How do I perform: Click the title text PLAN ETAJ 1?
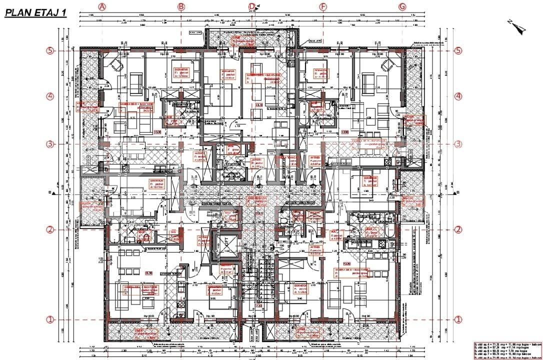(35, 13)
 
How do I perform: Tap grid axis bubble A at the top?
(102, 6)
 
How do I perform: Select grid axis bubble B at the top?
(181, 6)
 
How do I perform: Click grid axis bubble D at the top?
(252, 6)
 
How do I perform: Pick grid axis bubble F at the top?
(323, 6)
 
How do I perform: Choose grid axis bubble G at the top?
(402, 6)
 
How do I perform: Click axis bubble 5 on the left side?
(50, 51)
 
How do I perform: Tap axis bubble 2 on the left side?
(50, 229)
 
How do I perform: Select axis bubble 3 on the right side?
(458, 144)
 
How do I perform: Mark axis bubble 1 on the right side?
(458, 319)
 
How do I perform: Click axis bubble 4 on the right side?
(458, 96)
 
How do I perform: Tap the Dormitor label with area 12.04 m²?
(180, 71)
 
